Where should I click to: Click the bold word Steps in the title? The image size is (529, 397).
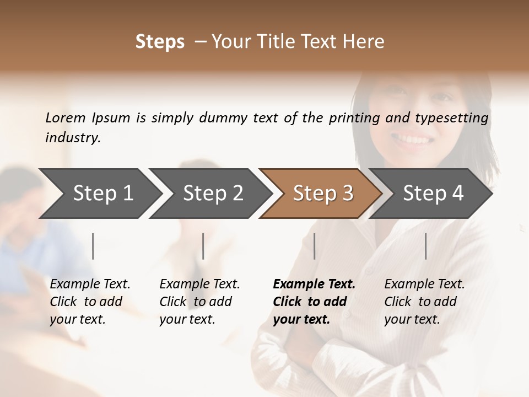click(x=160, y=42)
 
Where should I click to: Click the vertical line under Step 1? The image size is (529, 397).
click(x=93, y=246)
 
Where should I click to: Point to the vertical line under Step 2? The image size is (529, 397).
click(x=203, y=246)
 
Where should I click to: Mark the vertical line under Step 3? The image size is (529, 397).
click(x=315, y=246)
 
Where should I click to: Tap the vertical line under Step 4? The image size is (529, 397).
click(x=426, y=246)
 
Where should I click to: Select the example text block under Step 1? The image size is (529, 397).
click(x=90, y=302)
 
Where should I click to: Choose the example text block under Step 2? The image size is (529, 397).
click(x=199, y=302)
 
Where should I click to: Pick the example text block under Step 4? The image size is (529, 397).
click(x=424, y=302)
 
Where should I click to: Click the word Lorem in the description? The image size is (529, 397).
click(x=66, y=118)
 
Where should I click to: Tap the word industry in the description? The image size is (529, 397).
click(x=73, y=138)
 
